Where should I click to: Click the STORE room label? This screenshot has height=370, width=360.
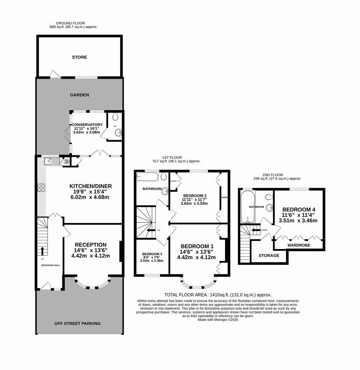[79, 57]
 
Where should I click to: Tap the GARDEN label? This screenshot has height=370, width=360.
[79, 95]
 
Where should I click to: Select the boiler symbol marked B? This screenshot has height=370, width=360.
[67, 162]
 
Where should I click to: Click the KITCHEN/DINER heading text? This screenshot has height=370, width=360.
[91, 186]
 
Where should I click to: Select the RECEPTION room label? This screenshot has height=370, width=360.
[90, 245]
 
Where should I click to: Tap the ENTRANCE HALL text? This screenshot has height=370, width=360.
[50, 265]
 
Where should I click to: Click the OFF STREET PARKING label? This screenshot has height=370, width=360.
[77, 323]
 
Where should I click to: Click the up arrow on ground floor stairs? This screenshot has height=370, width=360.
[42, 251]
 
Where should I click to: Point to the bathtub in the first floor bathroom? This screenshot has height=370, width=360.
[147, 177]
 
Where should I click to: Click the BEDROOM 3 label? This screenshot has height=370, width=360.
[152, 254]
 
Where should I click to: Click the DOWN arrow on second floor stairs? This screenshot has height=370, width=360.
[256, 230]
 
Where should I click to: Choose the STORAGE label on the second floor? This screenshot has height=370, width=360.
[269, 255]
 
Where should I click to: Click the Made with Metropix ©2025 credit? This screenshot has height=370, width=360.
[218, 319]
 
